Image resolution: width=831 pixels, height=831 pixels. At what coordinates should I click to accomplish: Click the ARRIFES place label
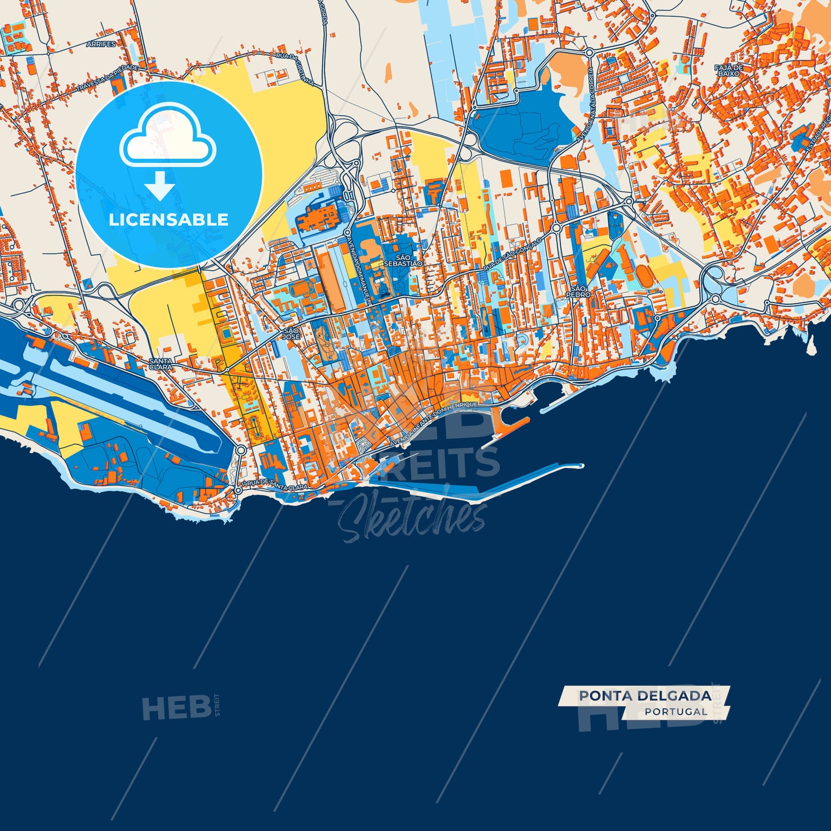[101, 44]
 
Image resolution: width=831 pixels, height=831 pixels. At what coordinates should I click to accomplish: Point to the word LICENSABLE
[169, 219]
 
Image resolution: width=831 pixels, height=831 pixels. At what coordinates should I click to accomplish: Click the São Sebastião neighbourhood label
[403, 260]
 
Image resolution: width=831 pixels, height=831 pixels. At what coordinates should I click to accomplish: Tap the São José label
[291, 334]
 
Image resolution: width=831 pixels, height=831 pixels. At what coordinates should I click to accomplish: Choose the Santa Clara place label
[160, 363]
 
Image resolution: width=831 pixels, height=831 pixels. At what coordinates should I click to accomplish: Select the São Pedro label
[579, 291]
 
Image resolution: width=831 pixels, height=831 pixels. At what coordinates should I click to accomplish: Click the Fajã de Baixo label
[729, 70]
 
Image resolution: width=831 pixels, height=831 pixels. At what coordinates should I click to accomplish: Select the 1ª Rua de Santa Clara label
[274, 485]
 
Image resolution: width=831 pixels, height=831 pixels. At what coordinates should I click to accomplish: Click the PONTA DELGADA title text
[645, 696]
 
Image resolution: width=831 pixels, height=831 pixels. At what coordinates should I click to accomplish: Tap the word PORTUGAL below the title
[676, 711]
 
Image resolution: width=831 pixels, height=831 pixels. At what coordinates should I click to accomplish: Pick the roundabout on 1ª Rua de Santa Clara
[238, 491]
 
